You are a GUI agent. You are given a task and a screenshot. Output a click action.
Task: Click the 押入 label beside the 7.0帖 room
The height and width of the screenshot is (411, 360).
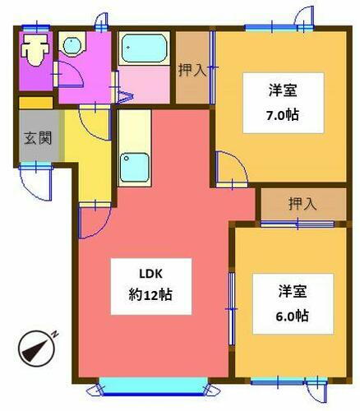[x=192, y=70]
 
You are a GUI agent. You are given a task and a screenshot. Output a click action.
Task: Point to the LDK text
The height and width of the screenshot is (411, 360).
[x=139, y=275]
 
